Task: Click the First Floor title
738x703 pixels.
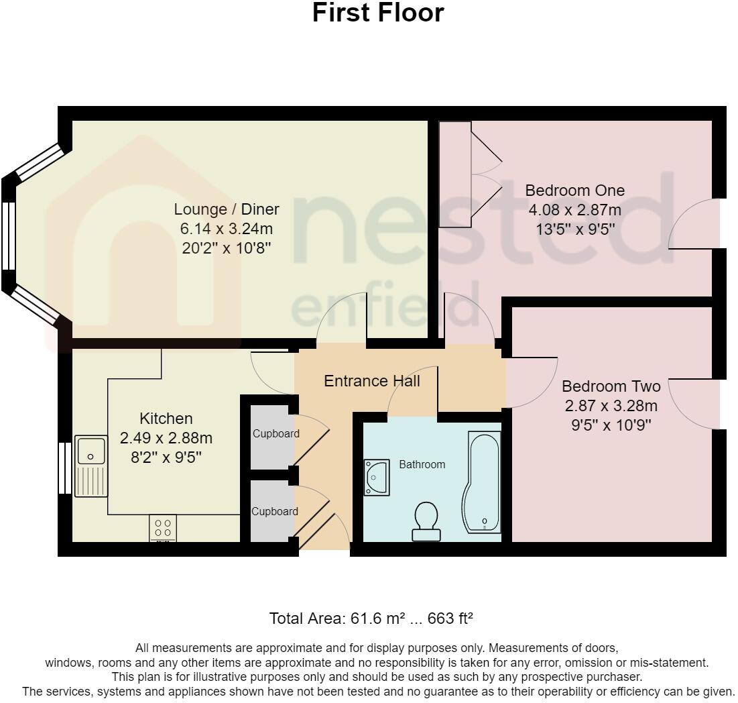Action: click(x=378, y=13)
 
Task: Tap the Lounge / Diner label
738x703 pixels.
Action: click(x=227, y=209)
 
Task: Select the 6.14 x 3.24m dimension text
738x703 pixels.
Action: click(x=227, y=229)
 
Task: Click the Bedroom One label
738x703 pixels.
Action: click(x=574, y=191)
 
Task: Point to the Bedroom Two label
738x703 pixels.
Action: click(x=611, y=386)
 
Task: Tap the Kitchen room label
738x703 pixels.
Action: click(x=166, y=418)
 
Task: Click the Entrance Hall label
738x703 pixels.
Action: click(x=372, y=380)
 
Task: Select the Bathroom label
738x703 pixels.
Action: click(x=422, y=464)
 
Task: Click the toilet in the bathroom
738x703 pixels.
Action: click(x=426, y=521)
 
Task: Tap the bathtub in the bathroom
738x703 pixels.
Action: click(x=483, y=482)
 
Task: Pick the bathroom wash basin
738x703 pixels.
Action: click(x=377, y=478)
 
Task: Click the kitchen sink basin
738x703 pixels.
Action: click(x=90, y=451)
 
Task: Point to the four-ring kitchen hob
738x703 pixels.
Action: click(x=163, y=528)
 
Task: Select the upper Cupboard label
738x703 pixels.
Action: click(x=275, y=433)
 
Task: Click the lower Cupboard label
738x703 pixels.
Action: click(x=275, y=511)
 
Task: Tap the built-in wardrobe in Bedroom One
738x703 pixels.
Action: click(x=455, y=174)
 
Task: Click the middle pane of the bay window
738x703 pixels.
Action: click(x=9, y=236)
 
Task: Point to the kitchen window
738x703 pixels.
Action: click(x=65, y=468)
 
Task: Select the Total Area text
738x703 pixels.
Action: click(x=371, y=618)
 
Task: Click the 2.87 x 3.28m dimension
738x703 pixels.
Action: click(x=611, y=406)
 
